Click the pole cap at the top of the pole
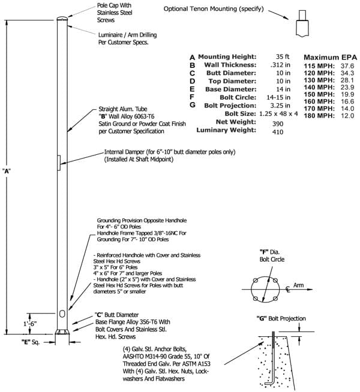click(x=62, y=18)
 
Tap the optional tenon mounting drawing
click(x=302, y=24)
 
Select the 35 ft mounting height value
click(x=283, y=57)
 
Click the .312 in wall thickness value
click(x=280, y=65)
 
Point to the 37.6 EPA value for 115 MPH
click(x=347, y=66)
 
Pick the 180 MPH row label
click(x=319, y=116)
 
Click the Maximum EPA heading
click(x=330, y=58)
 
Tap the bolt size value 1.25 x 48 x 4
click(x=278, y=113)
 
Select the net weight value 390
click(x=278, y=124)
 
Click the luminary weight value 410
click(x=278, y=131)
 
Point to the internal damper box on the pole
click(x=59, y=163)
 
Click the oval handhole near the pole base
click(x=62, y=314)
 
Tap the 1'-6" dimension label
click(x=30, y=324)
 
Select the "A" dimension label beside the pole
click(x=7, y=171)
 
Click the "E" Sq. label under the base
click(x=31, y=342)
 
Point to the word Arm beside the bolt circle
click(x=298, y=285)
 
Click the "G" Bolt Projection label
click(x=281, y=319)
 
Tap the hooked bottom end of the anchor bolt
click(x=269, y=383)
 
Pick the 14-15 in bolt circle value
click(x=278, y=97)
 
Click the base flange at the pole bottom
click(x=62, y=332)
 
